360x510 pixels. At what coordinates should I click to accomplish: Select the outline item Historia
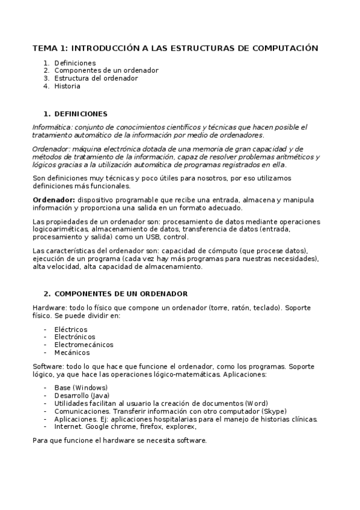(67, 86)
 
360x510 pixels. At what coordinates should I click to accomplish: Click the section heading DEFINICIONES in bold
(81, 114)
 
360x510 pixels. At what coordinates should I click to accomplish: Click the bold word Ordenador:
(53, 200)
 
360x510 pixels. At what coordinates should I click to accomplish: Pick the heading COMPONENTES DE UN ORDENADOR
(121, 293)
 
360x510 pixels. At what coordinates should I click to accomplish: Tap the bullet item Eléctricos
(70, 330)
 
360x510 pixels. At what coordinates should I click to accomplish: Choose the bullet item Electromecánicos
(84, 345)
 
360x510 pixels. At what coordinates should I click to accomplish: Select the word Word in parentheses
(257, 403)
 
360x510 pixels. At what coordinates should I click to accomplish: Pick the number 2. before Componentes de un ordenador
(46, 70)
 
